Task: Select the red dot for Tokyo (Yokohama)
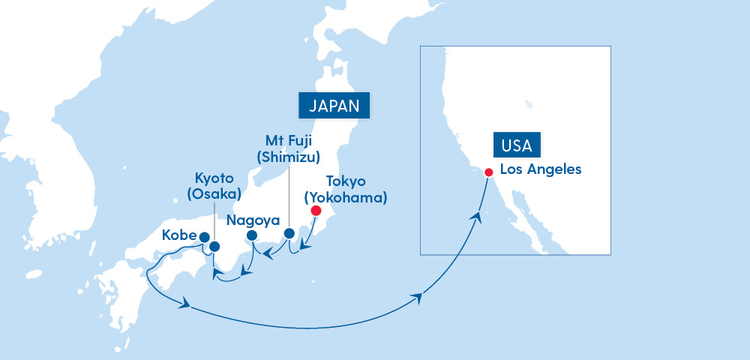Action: click(316, 211)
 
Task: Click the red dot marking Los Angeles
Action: click(488, 172)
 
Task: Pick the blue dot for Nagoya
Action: click(252, 235)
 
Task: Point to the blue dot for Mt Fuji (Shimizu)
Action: click(289, 234)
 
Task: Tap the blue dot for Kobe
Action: click(204, 236)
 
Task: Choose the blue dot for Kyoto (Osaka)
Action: click(214, 246)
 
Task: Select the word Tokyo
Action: click(346, 182)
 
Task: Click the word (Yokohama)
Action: click(345, 199)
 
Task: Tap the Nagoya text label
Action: click(253, 220)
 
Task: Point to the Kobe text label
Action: click(178, 235)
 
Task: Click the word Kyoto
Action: click(214, 179)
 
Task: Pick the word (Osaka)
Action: click(214, 194)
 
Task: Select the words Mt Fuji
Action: click(289, 140)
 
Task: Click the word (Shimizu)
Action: click(289, 157)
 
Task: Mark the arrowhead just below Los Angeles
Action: click(475, 216)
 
